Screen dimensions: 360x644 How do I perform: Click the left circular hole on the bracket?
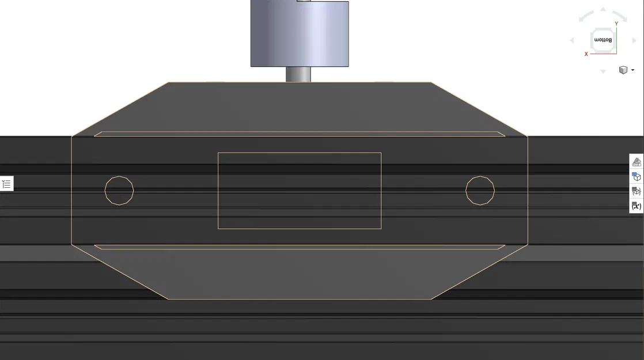pyautogui.click(x=119, y=190)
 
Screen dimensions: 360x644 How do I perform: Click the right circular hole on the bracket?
pyautogui.click(x=480, y=190)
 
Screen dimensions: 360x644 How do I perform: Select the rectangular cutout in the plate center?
pyautogui.click(x=299, y=191)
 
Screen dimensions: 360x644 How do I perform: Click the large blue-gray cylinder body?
pyautogui.click(x=299, y=35)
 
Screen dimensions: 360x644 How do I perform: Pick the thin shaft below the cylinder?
pyautogui.click(x=298, y=74)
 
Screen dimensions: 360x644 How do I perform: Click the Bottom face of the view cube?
pyautogui.click(x=603, y=40)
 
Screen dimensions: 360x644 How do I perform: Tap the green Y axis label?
pyautogui.click(x=616, y=24)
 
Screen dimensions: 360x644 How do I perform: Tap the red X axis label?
pyautogui.click(x=586, y=54)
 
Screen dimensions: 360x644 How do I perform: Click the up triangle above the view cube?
pyautogui.click(x=603, y=9)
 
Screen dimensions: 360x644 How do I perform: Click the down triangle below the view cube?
pyautogui.click(x=603, y=71)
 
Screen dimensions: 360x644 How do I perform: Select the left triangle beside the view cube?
pyautogui.click(x=572, y=40)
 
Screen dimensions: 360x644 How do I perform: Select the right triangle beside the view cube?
pyautogui.click(x=634, y=40)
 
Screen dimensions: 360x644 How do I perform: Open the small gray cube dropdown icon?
pyautogui.click(x=626, y=70)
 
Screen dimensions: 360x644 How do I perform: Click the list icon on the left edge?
pyautogui.click(x=6, y=184)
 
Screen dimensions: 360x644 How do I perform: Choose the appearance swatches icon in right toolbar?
pyautogui.click(x=637, y=162)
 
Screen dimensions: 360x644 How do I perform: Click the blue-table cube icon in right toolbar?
pyautogui.click(x=637, y=176)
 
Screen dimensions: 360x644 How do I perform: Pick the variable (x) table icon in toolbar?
pyautogui.click(x=637, y=206)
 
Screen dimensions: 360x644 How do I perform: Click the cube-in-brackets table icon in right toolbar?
pyautogui.click(x=637, y=191)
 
